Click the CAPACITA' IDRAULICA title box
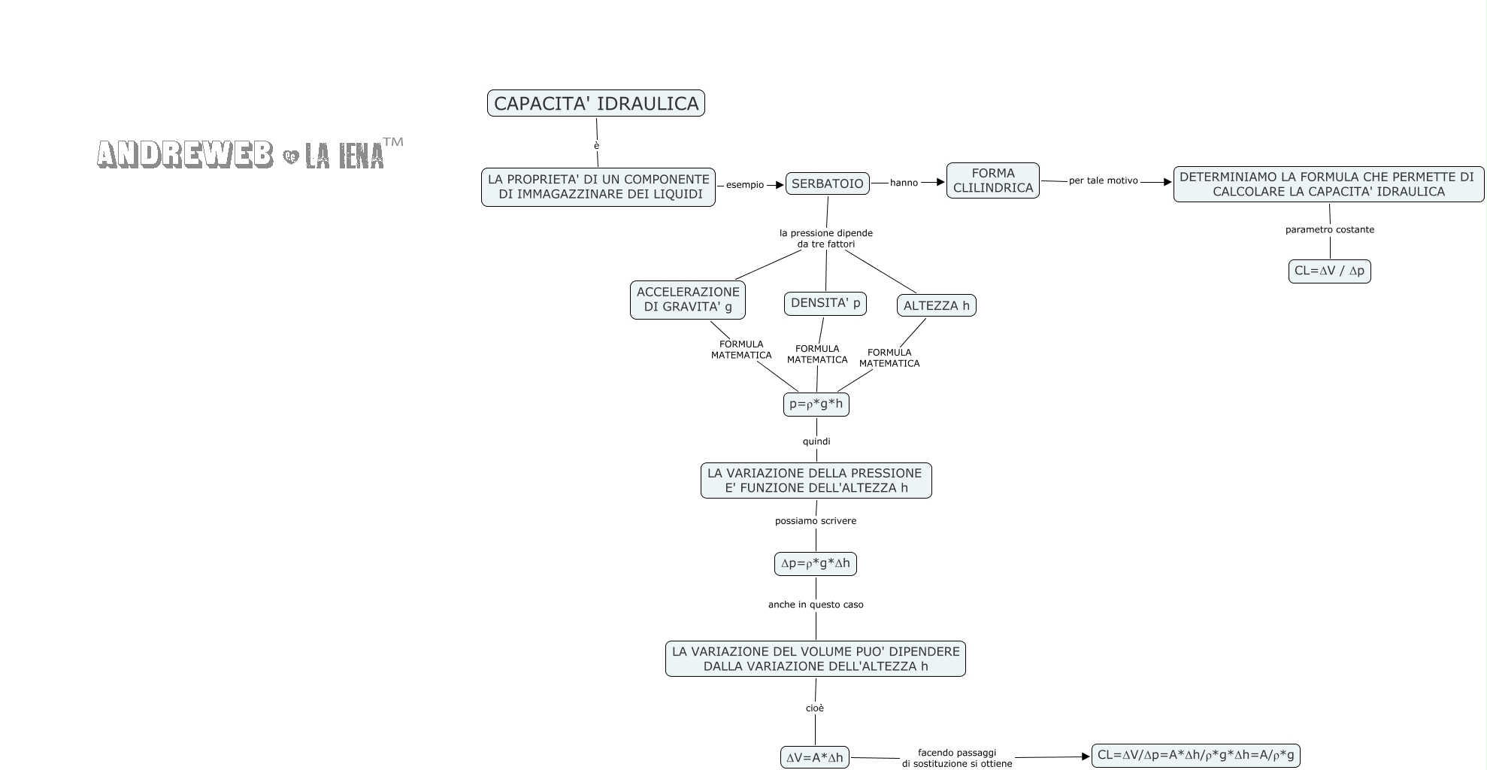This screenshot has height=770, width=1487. (x=595, y=103)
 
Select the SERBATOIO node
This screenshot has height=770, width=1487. (x=827, y=183)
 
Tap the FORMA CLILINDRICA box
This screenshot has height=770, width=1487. (x=992, y=180)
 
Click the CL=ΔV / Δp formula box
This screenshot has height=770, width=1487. (x=1329, y=271)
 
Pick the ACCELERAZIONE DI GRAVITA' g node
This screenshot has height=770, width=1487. (x=687, y=299)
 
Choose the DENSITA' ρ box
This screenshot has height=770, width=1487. (x=825, y=303)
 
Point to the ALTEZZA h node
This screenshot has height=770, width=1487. (x=936, y=305)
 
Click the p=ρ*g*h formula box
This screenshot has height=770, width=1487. (x=816, y=404)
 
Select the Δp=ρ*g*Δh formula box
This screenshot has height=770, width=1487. (x=815, y=563)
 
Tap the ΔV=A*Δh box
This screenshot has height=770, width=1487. (x=814, y=757)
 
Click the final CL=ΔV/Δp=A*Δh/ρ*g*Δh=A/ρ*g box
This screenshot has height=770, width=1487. (x=1195, y=755)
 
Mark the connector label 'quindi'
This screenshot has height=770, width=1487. (x=816, y=441)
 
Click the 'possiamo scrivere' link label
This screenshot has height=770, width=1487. (x=816, y=520)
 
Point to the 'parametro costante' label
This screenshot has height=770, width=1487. (x=1329, y=229)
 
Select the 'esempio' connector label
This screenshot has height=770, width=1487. (x=744, y=185)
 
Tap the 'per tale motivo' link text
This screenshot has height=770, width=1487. (x=1103, y=180)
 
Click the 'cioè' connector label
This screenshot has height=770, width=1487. (x=815, y=708)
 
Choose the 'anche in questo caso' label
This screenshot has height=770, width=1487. (x=816, y=605)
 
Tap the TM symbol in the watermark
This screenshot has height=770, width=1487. (x=393, y=142)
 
